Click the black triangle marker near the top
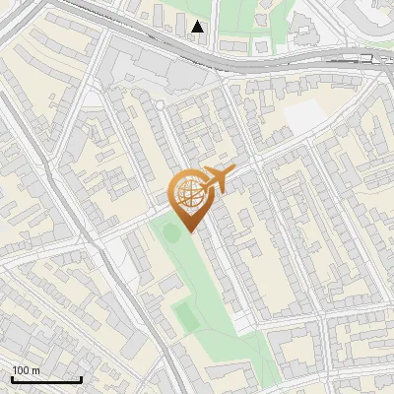coord(199,27)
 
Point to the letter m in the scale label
coord(36,370)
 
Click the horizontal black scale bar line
coord(46,379)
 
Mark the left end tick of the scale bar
coord(12,377)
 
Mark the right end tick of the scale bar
coord(81,377)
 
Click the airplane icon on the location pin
coord(217,179)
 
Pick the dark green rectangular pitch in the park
coord(184,315)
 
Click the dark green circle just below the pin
coord(172,233)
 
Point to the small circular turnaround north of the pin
coord(160,103)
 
